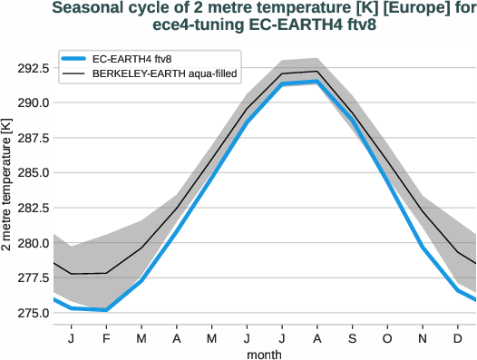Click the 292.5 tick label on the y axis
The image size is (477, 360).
[33, 67]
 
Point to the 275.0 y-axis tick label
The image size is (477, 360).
[33, 314]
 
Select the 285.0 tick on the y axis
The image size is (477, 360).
[33, 172]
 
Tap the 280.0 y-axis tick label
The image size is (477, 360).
[33, 243]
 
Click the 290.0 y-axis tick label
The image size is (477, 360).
[33, 102]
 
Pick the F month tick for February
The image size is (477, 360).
[106, 338]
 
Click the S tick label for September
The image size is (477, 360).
[351, 338]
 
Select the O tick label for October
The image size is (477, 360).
[386, 338]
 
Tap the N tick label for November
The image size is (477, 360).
[422, 338]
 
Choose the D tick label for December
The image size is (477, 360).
[457, 338]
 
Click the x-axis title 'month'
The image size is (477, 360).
[264, 354]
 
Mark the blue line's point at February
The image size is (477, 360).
[106, 310]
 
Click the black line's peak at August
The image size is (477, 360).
[316, 71]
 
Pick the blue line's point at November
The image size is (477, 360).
[422, 247]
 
